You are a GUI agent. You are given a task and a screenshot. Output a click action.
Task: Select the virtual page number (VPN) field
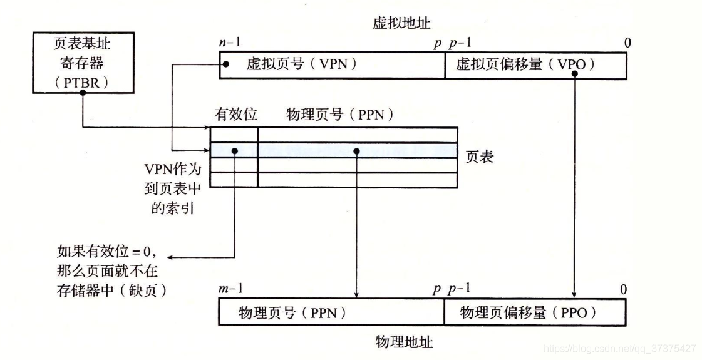pyautogui.click(x=331, y=64)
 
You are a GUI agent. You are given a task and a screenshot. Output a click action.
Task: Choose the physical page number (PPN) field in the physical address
pyautogui.click(x=331, y=312)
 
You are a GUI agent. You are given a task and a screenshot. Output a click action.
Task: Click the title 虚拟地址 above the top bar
pyautogui.click(x=401, y=24)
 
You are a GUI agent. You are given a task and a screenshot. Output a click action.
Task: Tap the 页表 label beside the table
pyautogui.click(x=480, y=157)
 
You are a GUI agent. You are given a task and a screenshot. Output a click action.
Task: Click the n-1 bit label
pyautogui.click(x=229, y=43)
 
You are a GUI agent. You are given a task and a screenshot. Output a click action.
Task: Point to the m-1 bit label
pyautogui.click(x=230, y=289)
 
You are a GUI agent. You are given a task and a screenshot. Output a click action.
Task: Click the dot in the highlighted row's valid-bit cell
pyautogui.click(x=234, y=151)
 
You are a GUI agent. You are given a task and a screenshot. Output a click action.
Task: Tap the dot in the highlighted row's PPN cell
pyautogui.click(x=356, y=151)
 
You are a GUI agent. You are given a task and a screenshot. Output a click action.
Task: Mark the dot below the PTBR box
pyautogui.click(x=83, y=93)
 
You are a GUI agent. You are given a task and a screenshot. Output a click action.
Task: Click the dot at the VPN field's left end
pyautogui.click(x=225, y=64)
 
